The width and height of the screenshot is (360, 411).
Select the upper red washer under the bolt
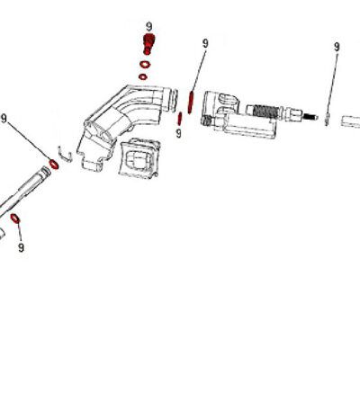pyautogui.click(x=145, y=64)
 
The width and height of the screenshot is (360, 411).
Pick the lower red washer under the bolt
pyautogui.click(x=144, y=77)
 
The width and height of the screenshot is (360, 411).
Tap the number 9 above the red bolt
pyautogui.click(x=148, y=27)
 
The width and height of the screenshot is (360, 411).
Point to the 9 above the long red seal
pyautogui.click(x=205, y=42)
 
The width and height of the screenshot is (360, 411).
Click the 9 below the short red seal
pyautogui.click(x=179, y=134)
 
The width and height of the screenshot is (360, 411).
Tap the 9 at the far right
pyautogui.click(x=337, y=47)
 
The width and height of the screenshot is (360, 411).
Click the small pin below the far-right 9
pyautogui.click(x=329, y=118)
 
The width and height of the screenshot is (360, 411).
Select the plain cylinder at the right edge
pyautogui.click(x=350, y=120)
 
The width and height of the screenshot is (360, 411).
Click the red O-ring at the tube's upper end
pyautogui.click(x=55, y=165)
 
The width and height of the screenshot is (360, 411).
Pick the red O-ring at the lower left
pyautogui.click(x=15, y=219)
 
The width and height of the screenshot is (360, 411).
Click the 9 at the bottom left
pyautogui.click(x=21, y=246)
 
